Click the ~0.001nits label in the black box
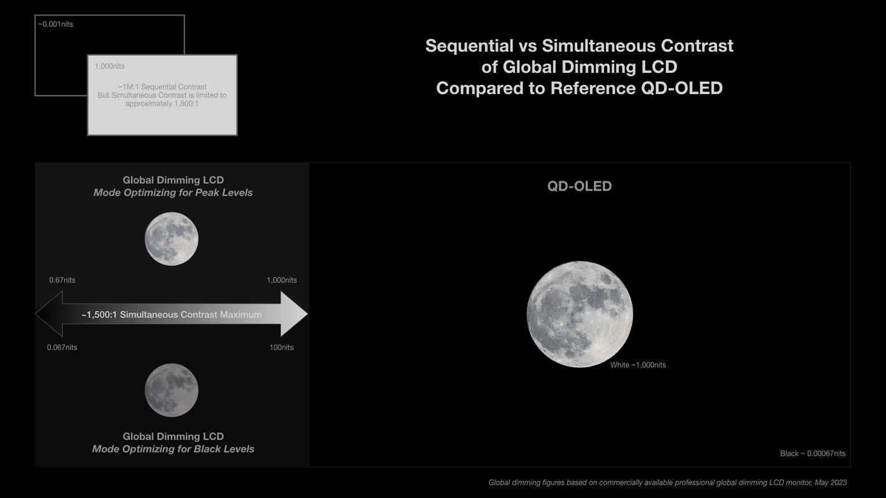(x=56, y=24)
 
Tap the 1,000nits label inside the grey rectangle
(x=110, y=66)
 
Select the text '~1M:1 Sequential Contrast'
(x=162, y=87)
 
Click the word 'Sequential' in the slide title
(x=469, y=46)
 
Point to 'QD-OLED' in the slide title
(x=682, y=88)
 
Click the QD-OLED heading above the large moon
(x=580, y=186)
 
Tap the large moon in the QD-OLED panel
(x=580, y=314)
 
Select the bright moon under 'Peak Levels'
(x=171, y=239)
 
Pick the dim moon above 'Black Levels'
(x=171, y=390)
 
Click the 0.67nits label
(x=62, y=280)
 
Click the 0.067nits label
(x=62, y=347)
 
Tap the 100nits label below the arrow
(x=281, y=347)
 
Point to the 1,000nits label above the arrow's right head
(x=281, y=280)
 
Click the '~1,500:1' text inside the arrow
(x=99, y=315)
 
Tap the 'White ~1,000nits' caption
(x=638, y=365)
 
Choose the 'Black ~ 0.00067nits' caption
(x=813, y=453)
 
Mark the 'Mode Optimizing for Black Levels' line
(x=173, y=449)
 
